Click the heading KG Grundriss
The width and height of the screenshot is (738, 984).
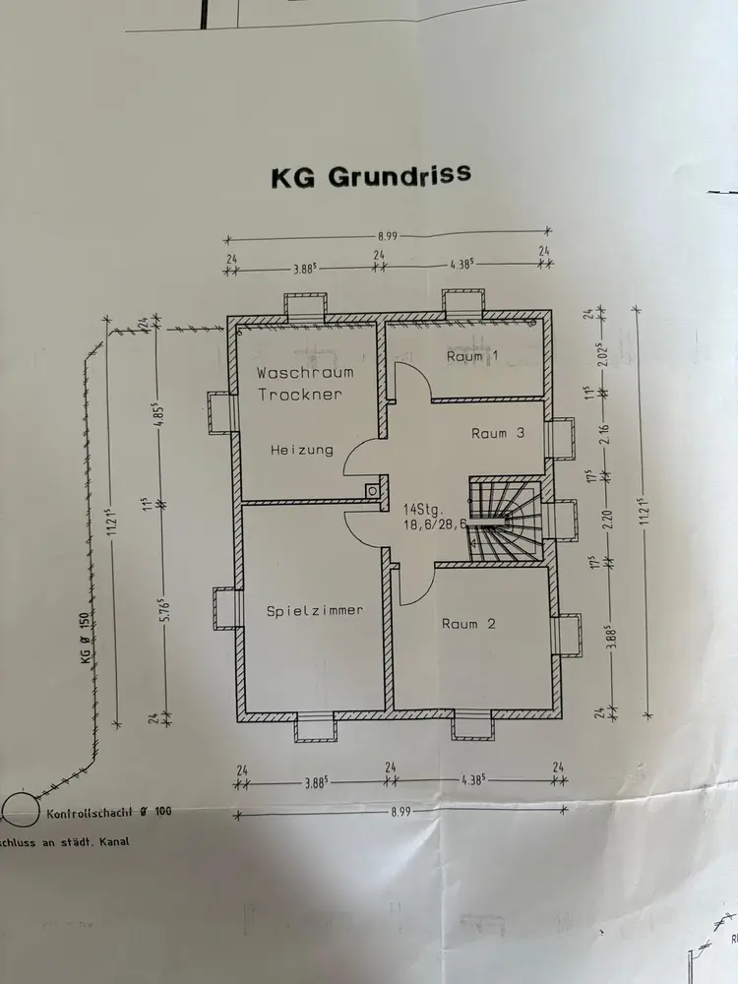[371, 177]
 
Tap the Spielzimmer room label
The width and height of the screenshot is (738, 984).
[315, 610]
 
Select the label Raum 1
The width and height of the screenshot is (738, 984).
[465, 356]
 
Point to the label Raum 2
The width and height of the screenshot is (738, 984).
[473, 624]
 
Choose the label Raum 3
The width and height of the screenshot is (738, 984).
[503, 433]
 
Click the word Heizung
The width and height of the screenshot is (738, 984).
[302, 450]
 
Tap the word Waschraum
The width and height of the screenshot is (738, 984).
[305, 373]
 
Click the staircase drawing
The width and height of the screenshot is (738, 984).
[504, 522]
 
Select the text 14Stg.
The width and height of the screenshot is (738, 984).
[424, 510]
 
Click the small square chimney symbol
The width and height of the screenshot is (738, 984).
[372, 490]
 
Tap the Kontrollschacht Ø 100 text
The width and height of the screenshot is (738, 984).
[108, 814]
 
